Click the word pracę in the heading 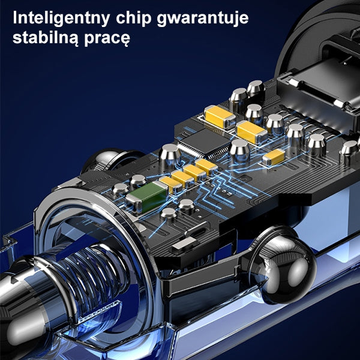coord(107,38)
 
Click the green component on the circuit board coord(147,197)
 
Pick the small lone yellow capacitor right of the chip coord(274,157)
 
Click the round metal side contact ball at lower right coord(286,266)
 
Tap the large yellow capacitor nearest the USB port coord(219,116)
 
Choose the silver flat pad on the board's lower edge coord(184,244)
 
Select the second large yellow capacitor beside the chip coord(251,132)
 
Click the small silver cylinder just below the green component coord(169,214)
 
